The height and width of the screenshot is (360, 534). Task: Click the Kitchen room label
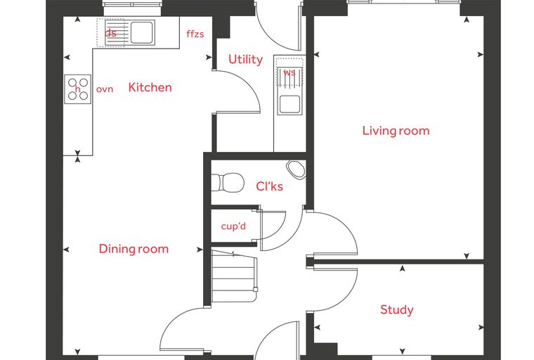[x=150, y=87]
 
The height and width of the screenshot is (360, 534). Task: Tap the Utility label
[x=245, y=59]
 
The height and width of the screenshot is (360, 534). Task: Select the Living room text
[x=396, y=131]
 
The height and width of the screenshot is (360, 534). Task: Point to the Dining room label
[x=133, y=249]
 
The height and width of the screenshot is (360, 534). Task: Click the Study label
[x=397, y=309]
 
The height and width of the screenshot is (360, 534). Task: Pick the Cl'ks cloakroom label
[x=269, y=186]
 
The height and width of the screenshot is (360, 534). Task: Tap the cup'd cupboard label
[x=233, y=226]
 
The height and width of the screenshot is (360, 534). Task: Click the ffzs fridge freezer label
[x=195, y=34]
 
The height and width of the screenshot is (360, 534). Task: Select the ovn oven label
[x=105, y=89]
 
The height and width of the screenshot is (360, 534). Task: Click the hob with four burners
[x=78, y=89]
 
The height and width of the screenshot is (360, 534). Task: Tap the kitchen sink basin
[x=141, y=33]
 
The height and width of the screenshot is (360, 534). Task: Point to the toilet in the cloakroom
[x=228, y=183]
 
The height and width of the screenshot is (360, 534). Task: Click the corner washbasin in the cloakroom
[x=297, y=169]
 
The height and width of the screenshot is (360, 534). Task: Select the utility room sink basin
[x=289, y=104]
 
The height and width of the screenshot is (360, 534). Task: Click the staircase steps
[x=233, y=276]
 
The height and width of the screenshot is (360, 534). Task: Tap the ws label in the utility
[x=289, y=72]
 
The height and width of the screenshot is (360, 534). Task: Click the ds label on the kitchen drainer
[x=110, y=33]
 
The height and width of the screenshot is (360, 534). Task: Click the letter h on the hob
[x=78, y=89]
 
